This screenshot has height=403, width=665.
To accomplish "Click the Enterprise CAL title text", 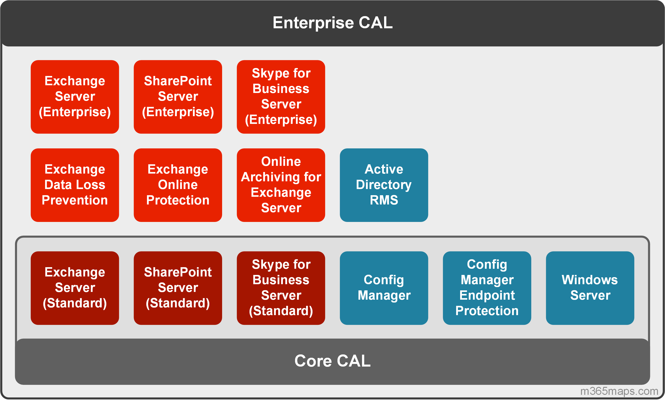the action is click(x=332, y=23).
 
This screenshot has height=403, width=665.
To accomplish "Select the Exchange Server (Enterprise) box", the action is click(x=75, y=97).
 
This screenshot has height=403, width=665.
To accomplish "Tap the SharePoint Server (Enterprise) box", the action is click(x=178, y=97).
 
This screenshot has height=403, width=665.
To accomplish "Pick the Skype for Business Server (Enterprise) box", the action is click(x=281, y=97).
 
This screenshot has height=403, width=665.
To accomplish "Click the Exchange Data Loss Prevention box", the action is click(x=75, y=185).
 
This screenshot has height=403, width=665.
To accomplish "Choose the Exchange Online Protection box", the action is click(x=178, y=185).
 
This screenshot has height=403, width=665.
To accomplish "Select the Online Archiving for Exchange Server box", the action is click(x=281, y=185).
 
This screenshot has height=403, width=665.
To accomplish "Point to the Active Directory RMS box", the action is click(x=384, y=185).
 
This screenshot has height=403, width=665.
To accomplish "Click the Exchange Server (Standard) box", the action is click(x=75, y=288).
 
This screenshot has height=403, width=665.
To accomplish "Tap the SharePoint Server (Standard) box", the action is click(x=178, y=288).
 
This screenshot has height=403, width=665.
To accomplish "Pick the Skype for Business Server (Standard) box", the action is click(x=281, y=288).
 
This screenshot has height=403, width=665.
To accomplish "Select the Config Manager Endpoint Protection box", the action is click(x=487, y=288).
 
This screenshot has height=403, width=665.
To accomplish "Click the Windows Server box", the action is click(x=590, y=288).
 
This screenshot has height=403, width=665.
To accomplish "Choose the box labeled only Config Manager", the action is click(x=384, y=288).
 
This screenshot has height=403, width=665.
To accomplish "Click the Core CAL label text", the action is click(x=332, y=361).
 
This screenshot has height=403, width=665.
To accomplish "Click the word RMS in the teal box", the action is click(x=384, y=200).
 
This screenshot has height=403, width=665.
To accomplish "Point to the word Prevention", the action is click(x=75, y=200).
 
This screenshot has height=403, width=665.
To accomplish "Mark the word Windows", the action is click(x=590, y=280).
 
